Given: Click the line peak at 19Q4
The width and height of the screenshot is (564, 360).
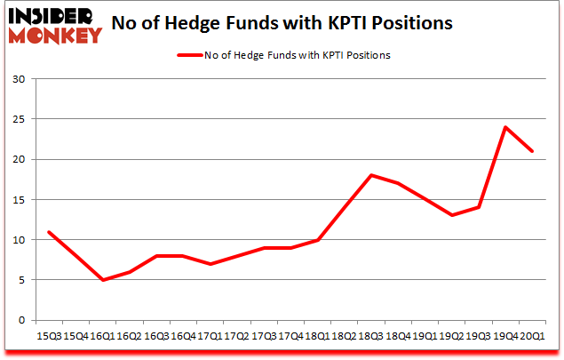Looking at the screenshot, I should point(505,127).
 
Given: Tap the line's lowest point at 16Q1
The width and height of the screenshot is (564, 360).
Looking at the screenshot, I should point(104,280).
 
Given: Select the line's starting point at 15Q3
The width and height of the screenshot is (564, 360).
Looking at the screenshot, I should point(49,232).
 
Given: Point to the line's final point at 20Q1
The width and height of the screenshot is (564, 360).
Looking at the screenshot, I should point(531,151).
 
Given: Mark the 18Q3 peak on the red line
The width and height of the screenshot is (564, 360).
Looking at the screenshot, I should point(371,175).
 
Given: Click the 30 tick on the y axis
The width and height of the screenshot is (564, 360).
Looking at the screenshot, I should point(20,79).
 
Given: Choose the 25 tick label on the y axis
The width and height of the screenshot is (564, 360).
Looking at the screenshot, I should point(20,119).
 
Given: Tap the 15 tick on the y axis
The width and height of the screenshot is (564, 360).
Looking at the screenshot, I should point(20,200).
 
